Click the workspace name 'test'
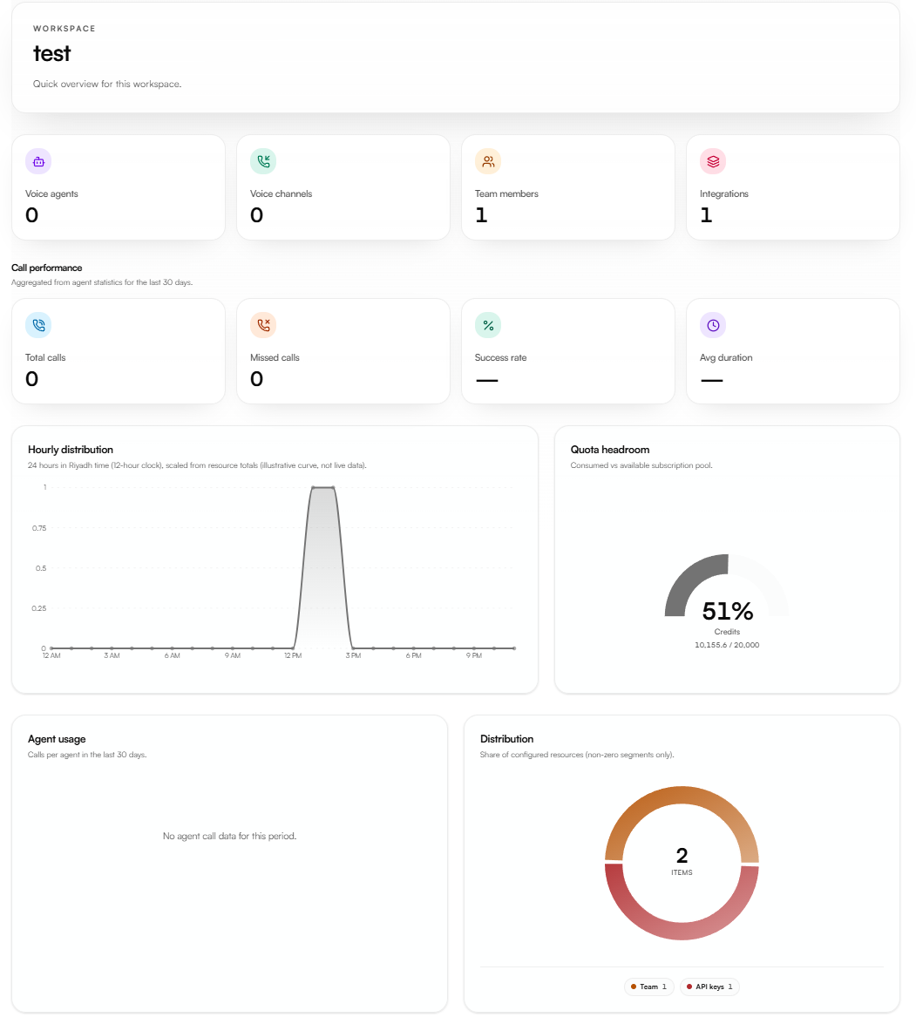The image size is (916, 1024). click(51, 53)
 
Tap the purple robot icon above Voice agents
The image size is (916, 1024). click(38, 161)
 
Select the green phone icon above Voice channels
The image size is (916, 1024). click(263, 161)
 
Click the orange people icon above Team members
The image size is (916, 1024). click(488, 161)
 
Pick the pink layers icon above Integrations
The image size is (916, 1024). click(713, 161)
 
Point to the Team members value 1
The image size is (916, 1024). click(481, 215)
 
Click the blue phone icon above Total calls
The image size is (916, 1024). click(38, 325)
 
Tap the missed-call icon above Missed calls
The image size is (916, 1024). click(263, 325)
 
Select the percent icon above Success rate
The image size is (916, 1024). click(488, 325)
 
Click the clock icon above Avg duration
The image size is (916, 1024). click(713, 325)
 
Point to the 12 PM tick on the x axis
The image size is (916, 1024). click(293, 655)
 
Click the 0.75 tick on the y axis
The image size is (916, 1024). click(39, 528)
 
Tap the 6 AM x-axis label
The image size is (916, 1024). click(173, 655)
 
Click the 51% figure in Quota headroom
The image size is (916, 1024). click(728, 611)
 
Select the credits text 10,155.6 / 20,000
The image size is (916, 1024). click(727, 645)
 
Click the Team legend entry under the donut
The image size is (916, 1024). click(649, 987)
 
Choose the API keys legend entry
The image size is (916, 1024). click(709, 987)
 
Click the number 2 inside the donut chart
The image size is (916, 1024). click(682, 856)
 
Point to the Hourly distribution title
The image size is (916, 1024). click(71, 450)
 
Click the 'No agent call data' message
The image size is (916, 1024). click(230, 836)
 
